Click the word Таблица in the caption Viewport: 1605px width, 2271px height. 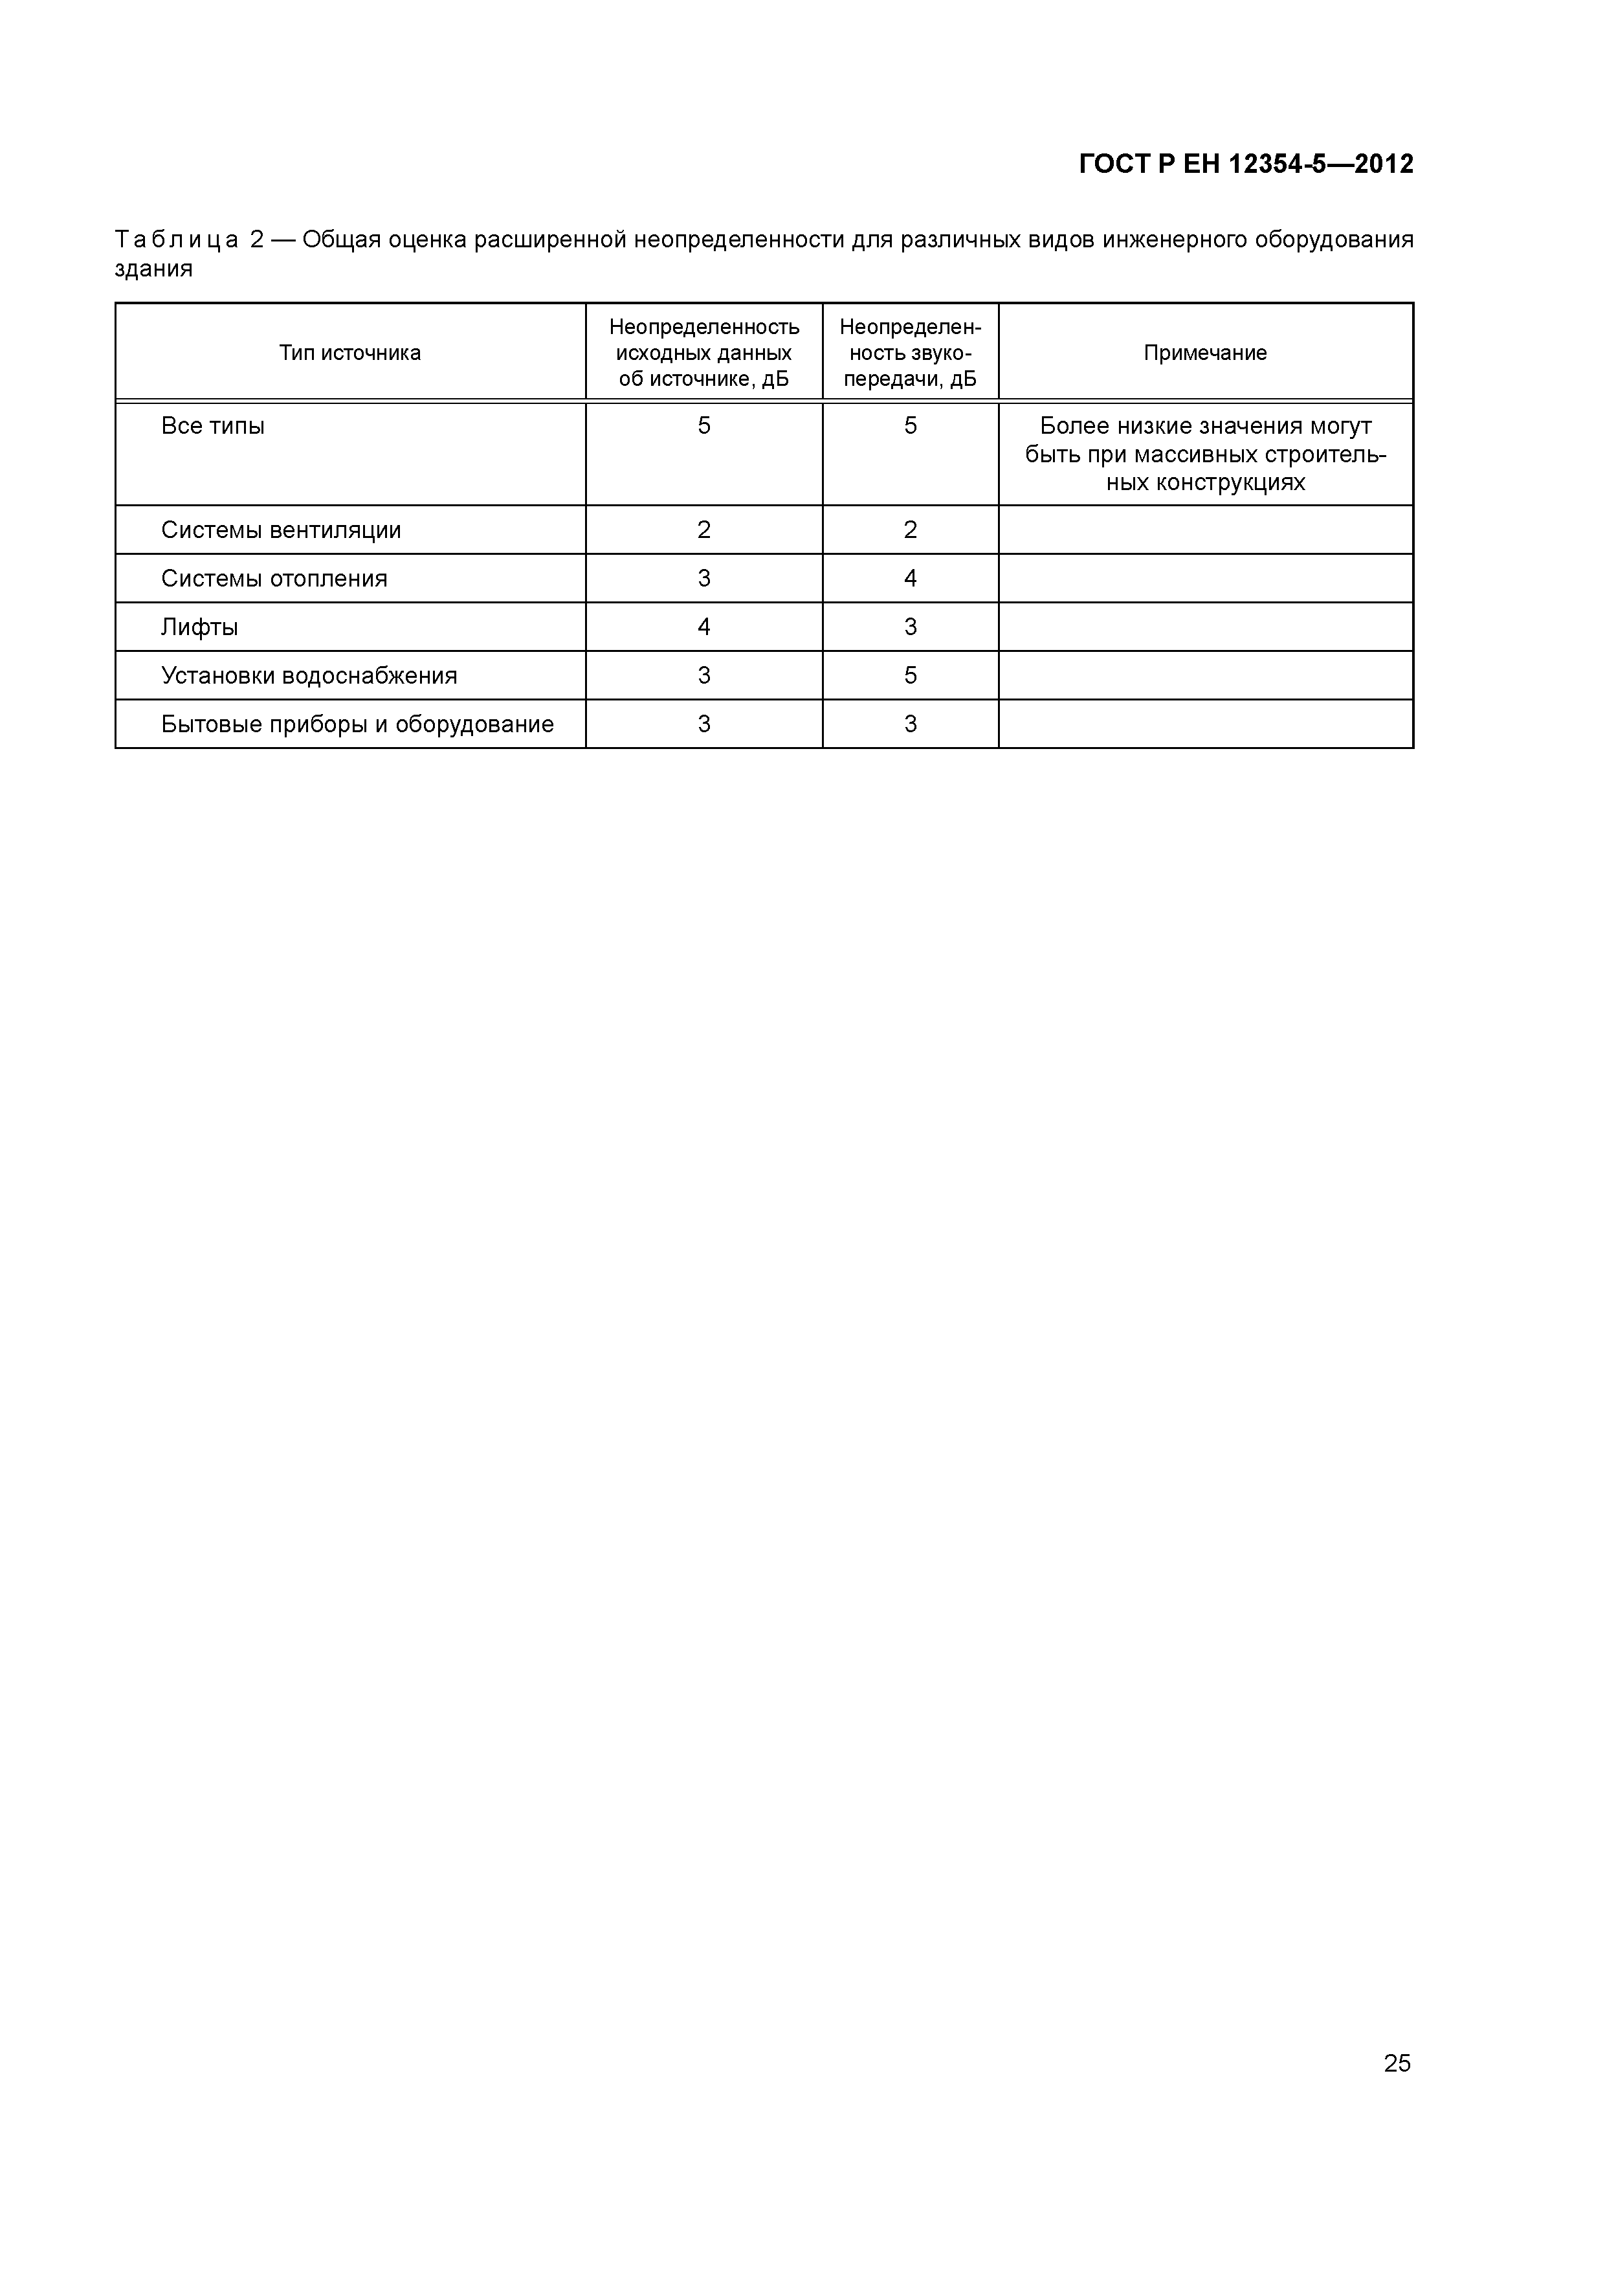click(176, 240)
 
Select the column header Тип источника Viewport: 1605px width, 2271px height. click(350, 353)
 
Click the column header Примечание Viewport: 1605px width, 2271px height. click(1204, 353)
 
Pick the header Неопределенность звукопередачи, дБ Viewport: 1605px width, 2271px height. click(910, 353)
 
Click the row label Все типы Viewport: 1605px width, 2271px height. click(213, 427)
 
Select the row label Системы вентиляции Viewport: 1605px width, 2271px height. click(281, 530)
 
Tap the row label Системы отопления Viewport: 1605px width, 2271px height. click(274, 579)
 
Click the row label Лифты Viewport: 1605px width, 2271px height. click(200, 627)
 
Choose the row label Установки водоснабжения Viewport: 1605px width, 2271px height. click(309, 676)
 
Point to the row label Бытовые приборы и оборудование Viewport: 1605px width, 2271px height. click(357, 724)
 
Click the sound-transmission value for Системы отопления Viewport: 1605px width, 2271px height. click(910, 579)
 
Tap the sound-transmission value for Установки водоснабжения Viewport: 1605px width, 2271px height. click(910, 676)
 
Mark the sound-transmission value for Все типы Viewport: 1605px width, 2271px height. click(910, 427)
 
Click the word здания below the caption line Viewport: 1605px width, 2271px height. click(153, 269)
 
